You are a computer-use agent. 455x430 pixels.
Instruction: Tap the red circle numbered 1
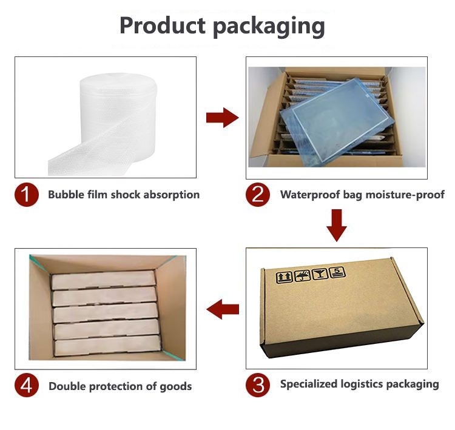(27, 195)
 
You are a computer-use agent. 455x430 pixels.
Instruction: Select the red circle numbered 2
(258, 195)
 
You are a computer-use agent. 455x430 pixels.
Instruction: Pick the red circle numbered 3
(258, 385)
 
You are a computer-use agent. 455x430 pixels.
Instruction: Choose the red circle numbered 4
(27, 386)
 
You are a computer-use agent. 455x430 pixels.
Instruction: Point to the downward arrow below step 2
(336, 224)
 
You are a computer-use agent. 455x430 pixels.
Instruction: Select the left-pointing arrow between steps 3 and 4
(223, 311)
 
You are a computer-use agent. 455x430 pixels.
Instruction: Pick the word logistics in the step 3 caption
(365, 385)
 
